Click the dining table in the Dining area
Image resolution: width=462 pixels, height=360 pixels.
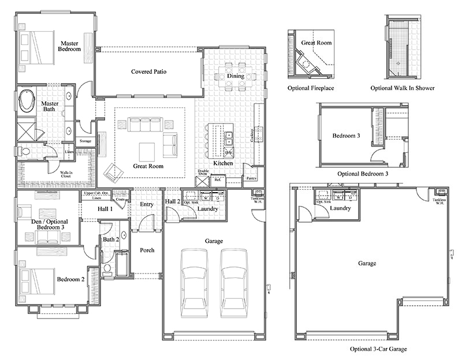click(x=235, y=76)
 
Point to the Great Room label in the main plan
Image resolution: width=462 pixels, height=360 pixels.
click(x=148, y=166)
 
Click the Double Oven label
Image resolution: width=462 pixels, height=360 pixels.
click(x=203, y=173)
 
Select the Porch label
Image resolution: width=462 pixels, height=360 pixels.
click(x=147, y=250)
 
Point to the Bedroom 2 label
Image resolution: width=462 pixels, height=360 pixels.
click(x=70, y=280)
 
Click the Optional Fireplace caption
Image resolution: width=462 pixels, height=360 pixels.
click(x=311, y=88)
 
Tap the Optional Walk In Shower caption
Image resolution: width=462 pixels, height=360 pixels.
click(x=403, y=88)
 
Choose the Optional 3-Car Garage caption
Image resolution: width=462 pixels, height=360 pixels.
click(x=378, y=350)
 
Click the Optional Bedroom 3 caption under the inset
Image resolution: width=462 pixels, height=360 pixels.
click(x=363, y=173)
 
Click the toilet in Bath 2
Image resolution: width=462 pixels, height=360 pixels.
click(x=107, y=269)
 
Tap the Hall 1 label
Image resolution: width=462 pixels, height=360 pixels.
click(x=105, y=209)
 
